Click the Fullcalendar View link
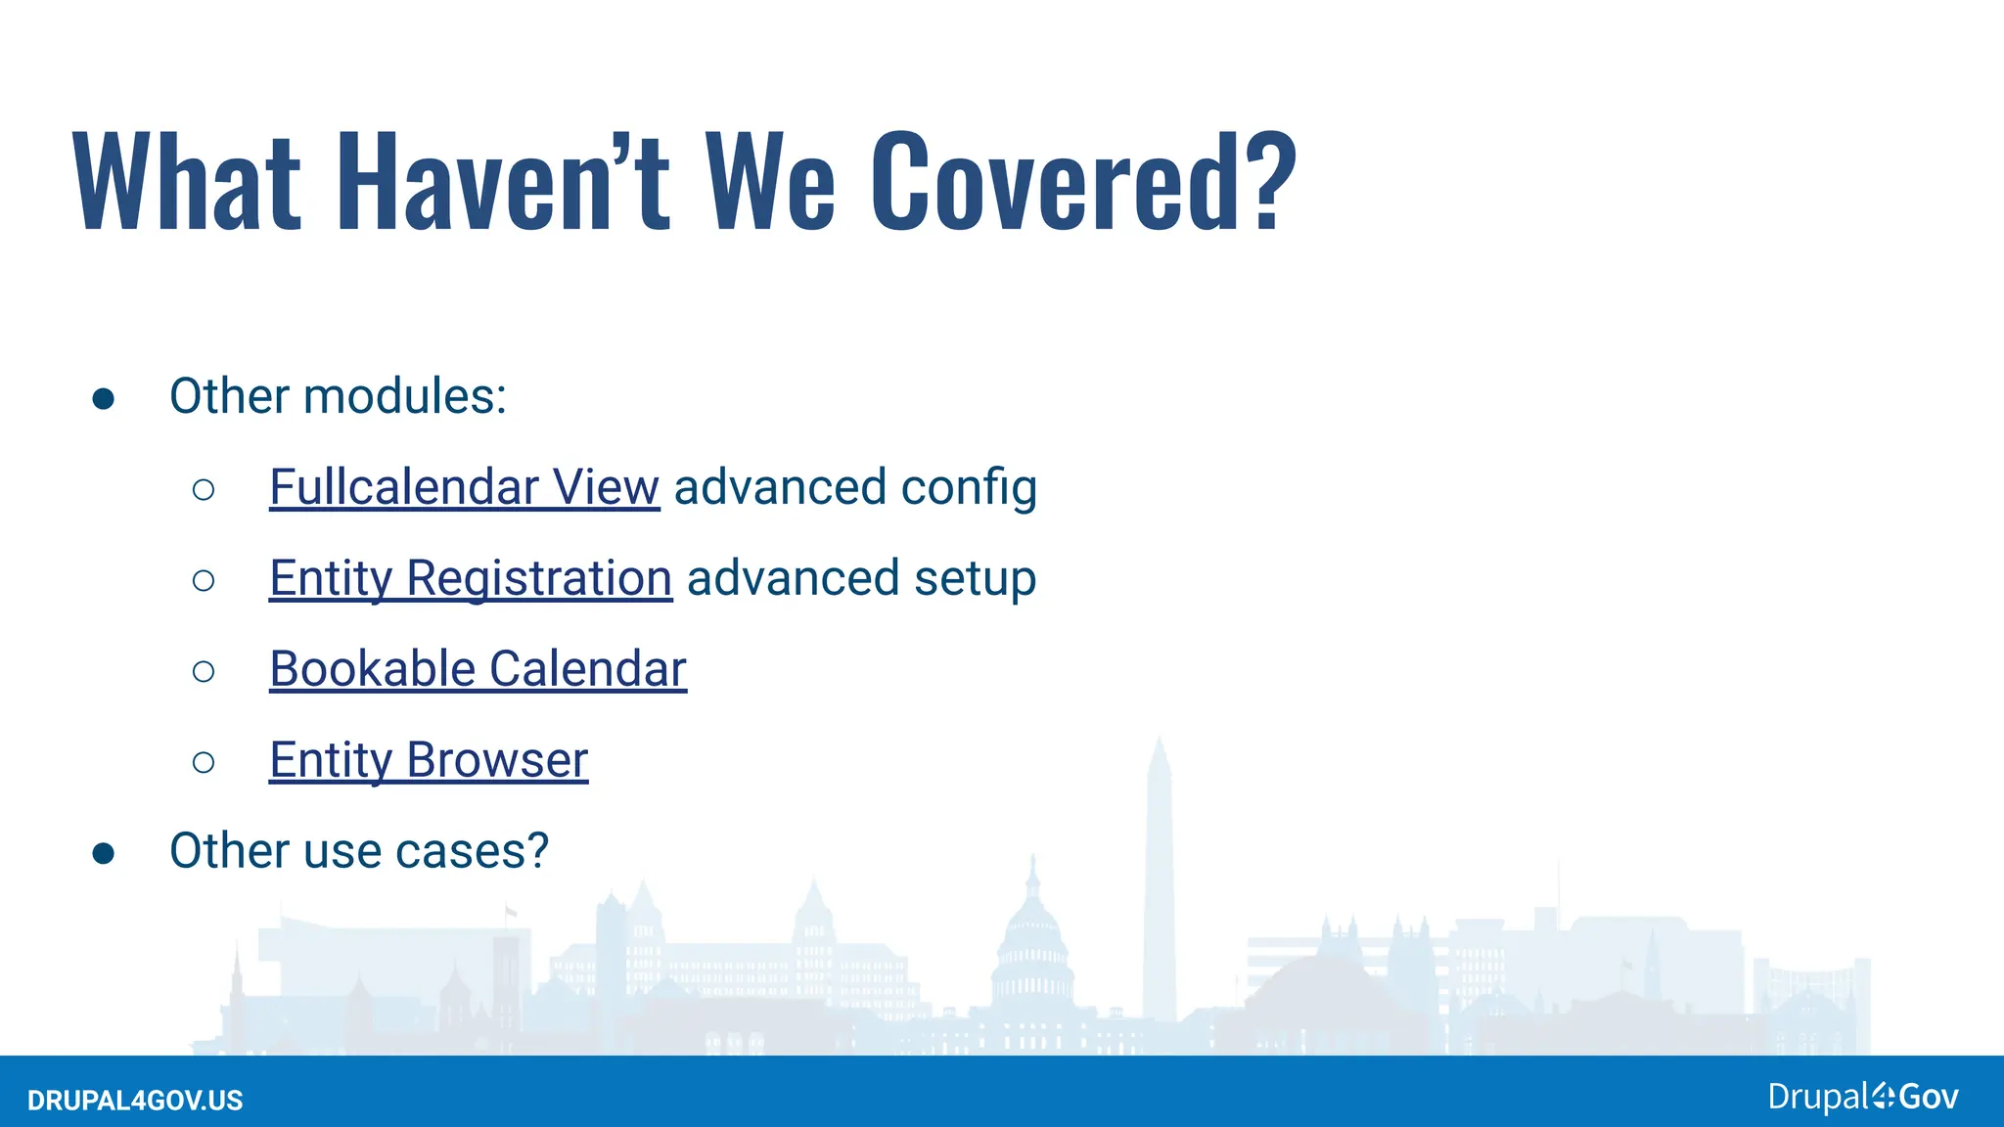[x=464, y=487]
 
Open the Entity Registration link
[x=470, y=578]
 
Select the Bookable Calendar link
[x=478, y=669]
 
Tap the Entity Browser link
[x=429, y=760]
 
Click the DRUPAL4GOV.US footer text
[x=135, y=1101]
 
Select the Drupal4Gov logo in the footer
[x=1862, y=1097]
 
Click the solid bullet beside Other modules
[x=104, y=398]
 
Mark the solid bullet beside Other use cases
[x=104, y=853]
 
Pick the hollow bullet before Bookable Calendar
[x=204, y=671]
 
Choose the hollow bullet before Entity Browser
[x=204, y=762]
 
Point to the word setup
[x=975, y=578]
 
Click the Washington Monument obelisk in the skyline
[x=1160, y=880]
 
